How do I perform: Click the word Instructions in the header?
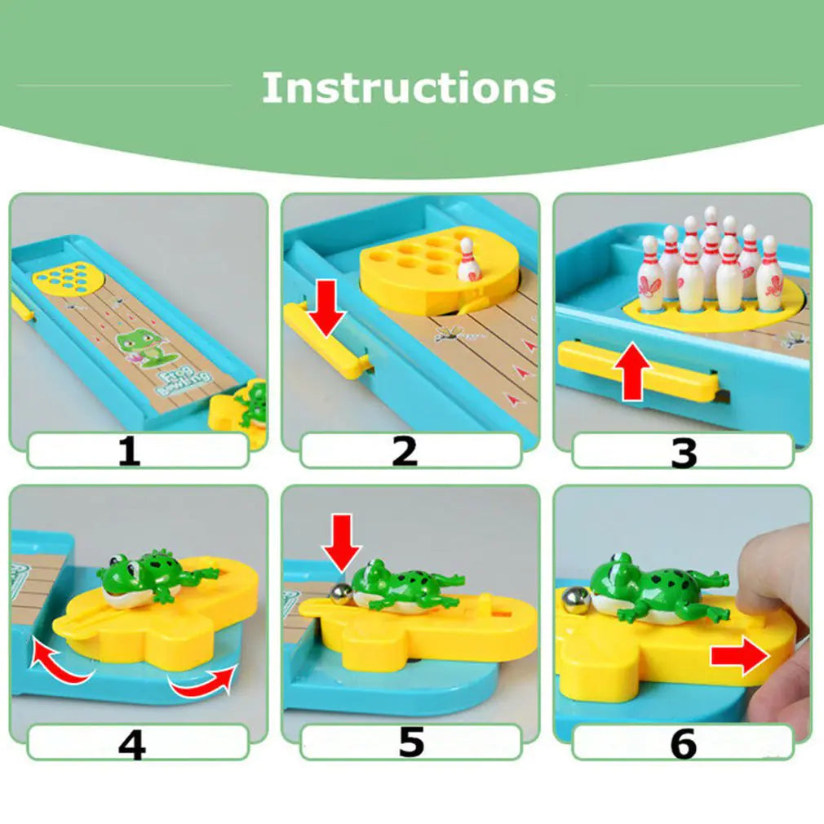[409, 87]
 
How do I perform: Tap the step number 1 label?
[129, 451]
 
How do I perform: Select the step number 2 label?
[405, 451]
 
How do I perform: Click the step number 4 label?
[131, 743]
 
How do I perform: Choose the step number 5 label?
[410, 742]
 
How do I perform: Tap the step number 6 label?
[683, 743]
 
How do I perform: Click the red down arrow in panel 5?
[340, 541]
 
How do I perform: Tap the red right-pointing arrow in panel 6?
[739, 657]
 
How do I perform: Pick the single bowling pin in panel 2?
[467, 259]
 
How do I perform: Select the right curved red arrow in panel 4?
[203, 682]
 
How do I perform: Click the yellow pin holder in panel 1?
[70, 277]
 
